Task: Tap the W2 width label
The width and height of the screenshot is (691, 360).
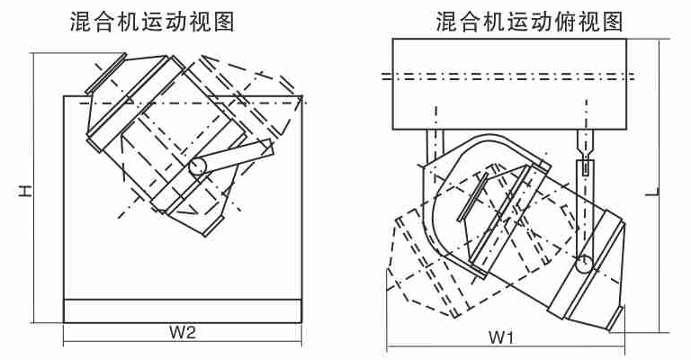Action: point(183,332)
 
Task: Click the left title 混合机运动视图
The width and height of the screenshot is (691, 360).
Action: point(152,22)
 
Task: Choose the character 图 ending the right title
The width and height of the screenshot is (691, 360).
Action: point(614,22)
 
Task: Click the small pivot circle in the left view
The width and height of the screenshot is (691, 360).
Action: point(198,166)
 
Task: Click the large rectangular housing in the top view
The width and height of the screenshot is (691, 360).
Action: point(510,84)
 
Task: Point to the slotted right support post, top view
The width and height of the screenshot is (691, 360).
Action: point(587,157)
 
